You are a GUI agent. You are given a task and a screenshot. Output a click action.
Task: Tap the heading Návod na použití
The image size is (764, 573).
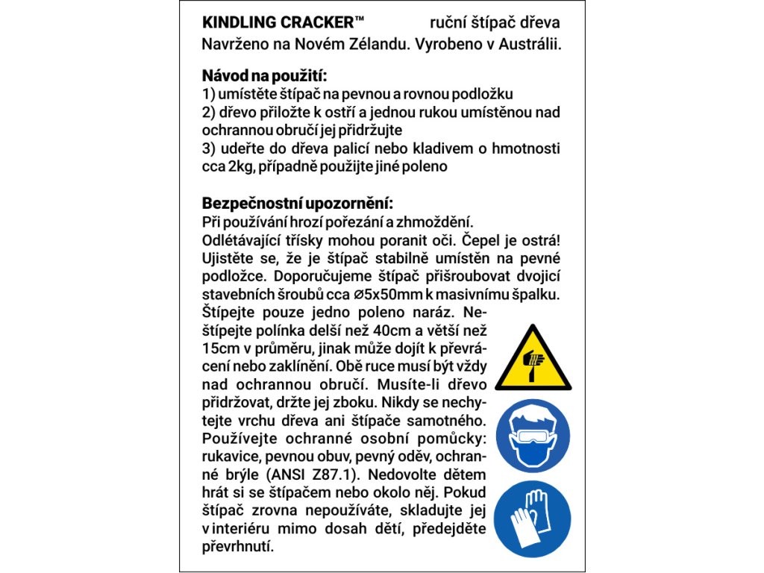[265, 76]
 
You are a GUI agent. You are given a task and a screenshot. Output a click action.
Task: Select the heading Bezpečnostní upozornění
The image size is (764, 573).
[298, 204]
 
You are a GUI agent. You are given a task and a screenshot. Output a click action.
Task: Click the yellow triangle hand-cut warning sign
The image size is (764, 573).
[533, 358]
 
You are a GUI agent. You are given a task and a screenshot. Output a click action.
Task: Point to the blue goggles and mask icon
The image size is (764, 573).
[533, 436]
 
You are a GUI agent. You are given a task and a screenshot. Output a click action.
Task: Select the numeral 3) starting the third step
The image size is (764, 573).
[210, 148]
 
